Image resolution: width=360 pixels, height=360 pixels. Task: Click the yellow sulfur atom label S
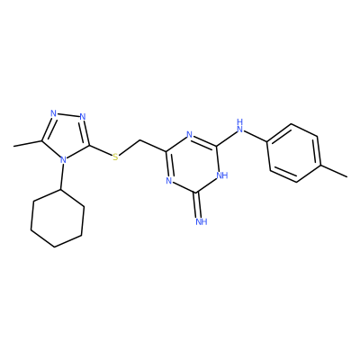pos(115,157)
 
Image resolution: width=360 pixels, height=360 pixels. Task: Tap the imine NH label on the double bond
pos(202,221)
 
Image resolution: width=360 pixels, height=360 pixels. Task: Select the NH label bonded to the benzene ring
pos(239,126)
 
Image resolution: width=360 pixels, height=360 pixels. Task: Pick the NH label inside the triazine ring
pos(222,175)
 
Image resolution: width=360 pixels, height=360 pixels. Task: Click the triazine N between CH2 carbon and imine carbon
pos(169,181)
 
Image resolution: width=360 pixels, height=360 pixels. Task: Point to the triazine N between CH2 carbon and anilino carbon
pos(189,134)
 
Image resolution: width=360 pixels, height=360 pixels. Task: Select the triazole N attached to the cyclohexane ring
pos(63,160)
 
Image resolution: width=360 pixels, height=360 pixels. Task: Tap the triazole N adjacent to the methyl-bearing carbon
pos(54,113)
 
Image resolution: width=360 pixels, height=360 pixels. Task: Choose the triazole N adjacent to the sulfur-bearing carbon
pos(83,116)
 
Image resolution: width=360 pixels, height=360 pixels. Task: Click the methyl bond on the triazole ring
pos(28,143)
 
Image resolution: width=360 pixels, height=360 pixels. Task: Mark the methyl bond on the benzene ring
pos(334,170)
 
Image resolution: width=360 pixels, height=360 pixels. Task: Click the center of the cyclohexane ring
pos(58,219)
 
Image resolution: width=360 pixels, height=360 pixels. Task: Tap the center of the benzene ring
pos(293,153)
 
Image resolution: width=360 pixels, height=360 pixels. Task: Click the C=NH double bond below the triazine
pos(197,205)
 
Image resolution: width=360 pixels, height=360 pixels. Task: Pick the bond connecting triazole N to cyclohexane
pos(61,176)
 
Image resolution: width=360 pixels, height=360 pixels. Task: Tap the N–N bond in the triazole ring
pos(68,115)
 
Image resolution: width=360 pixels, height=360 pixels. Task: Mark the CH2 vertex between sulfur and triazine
pos(140,140)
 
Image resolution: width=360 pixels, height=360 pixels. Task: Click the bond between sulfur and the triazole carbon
pos(100,150)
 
